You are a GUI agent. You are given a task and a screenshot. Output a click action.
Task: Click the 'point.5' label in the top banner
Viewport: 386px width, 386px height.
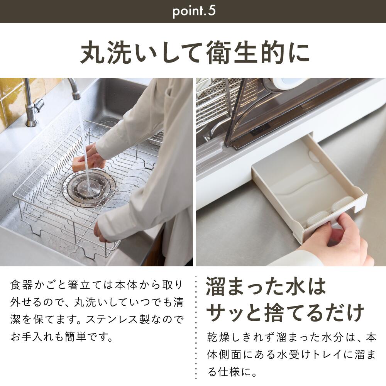pos(193,11)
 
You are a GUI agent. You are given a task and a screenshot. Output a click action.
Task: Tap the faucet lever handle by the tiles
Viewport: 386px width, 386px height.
pos(37,104)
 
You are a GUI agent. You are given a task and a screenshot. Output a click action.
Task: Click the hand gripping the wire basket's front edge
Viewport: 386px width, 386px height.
pos(101,232)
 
